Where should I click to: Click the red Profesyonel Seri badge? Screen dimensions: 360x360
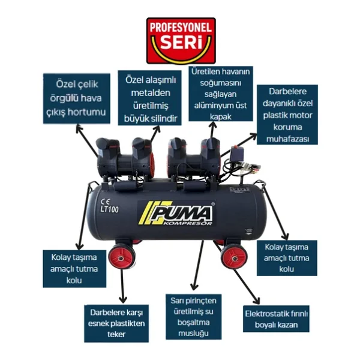[x=181, y=41]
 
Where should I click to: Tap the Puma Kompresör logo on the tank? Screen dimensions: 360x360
[x=176, y=213]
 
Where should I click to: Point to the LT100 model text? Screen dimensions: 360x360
[x=110, y=209]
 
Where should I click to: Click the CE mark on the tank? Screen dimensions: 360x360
[x=105, y=202]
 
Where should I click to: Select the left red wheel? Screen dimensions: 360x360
[x=121, y=258]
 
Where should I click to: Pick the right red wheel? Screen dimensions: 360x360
[x=234, y=257]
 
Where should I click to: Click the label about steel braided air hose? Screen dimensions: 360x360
[x=76, y=98]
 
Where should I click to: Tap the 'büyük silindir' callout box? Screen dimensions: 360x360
[x=149, y=98]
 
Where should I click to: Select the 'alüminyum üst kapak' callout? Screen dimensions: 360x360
[x=221, y=94]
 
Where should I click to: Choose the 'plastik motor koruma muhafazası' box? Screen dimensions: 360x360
[x=287, y=115]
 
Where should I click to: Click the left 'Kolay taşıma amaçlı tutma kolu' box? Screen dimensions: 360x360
[x=74, y=269]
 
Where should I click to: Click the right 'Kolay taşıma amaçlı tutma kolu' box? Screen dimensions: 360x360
[x=287, y=258]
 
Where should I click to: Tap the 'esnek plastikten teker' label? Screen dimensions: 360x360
[x=116, y=323]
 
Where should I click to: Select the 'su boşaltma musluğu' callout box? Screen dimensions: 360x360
[x=194, y=317]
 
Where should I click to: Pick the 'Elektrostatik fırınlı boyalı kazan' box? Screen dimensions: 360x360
[x=276, y=319]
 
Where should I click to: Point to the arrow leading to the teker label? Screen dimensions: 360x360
[x=122, y=286]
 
